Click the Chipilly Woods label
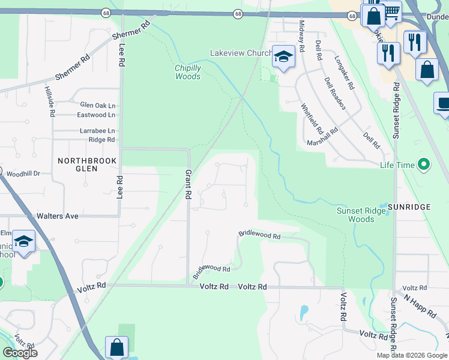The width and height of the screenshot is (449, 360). pos(188,72)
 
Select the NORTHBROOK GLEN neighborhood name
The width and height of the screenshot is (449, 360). pos(86,165)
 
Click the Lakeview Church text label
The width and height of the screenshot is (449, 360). pos(240,53)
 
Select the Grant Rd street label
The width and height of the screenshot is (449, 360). pos(187,185)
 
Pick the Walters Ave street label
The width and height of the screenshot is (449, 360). pos(58,215)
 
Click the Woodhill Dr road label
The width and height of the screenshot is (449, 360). pos(23,173)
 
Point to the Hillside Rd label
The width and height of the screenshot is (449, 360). pos(50,100)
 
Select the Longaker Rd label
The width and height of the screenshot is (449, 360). pos(345,73)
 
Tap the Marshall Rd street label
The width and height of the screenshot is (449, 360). pos(323,137)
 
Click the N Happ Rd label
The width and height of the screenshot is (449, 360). pos(420,306)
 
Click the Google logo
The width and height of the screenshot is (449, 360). pos(20,353)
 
